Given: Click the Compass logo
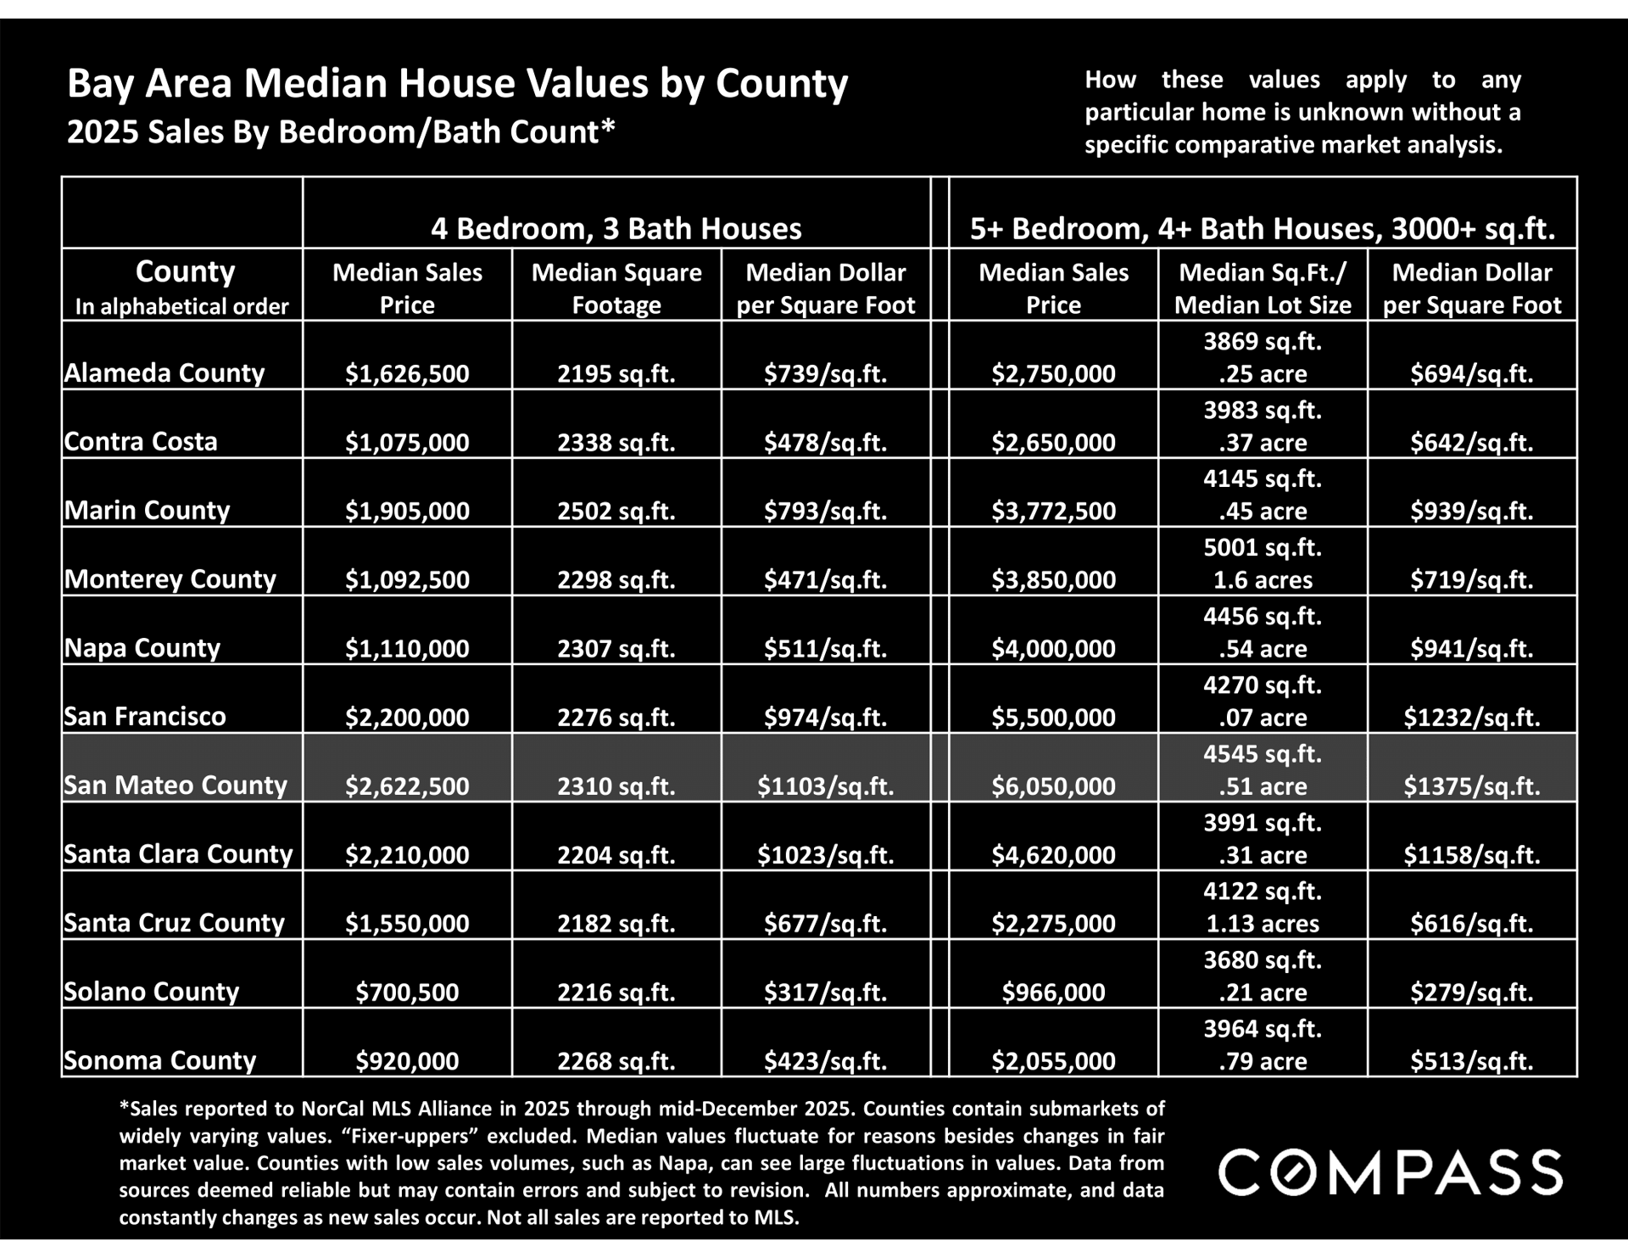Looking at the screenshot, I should (1390, 1172).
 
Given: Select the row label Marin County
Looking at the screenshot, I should (147, 510).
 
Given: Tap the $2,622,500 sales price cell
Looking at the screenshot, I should (407, 786).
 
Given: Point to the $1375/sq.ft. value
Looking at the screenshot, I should (1471, 786).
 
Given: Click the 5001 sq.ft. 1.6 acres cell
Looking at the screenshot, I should (1263, 563).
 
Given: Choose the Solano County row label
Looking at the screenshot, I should (151, 991).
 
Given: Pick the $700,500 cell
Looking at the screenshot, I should (407, 992).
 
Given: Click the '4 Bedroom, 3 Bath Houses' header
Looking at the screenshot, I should (616, 228).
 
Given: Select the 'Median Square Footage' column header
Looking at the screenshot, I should (616, 288).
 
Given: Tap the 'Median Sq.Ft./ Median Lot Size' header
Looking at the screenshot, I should (1263, 288).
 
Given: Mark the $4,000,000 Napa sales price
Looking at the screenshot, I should (1053, 648).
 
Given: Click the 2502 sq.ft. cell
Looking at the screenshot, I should (616, 511).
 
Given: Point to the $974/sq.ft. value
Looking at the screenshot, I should (825, 717).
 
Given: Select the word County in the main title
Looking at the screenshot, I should (781, 84).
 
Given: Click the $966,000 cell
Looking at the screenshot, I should (1053, 992).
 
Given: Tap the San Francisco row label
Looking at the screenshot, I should (145, 716).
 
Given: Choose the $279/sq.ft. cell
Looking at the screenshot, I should (1471, 992).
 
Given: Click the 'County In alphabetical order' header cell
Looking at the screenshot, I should (181, 287).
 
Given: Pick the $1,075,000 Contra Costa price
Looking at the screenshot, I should (407, 442).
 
